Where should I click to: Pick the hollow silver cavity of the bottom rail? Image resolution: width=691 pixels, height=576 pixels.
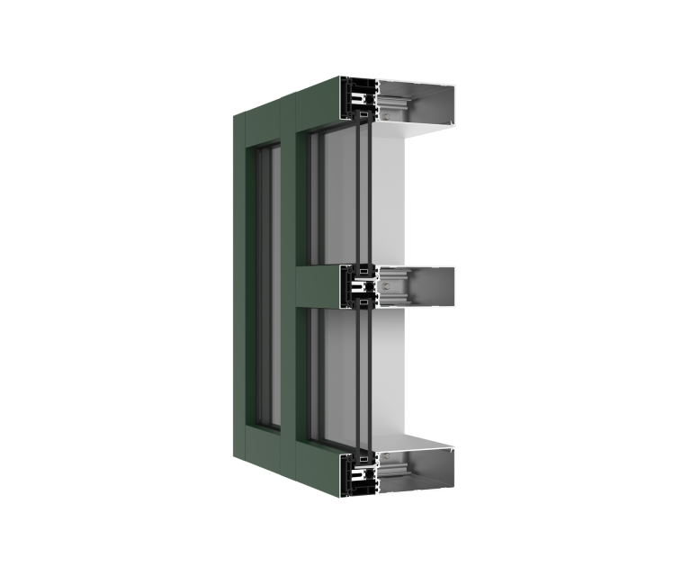pyautogui.click(x=423, y=468)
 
